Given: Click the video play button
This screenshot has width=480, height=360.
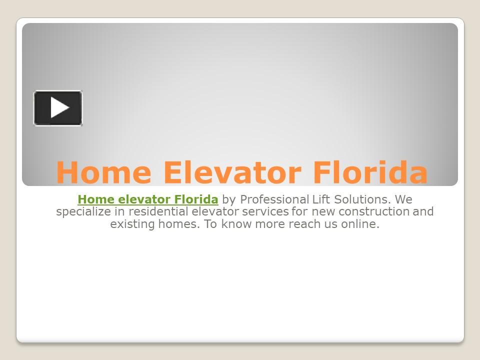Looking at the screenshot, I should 58,108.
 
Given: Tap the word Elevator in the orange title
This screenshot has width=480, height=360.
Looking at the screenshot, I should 232,172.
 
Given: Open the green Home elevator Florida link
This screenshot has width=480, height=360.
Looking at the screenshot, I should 148,200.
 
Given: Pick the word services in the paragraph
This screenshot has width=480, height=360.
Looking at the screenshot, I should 265,212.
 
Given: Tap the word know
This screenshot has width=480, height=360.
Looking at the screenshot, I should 236,224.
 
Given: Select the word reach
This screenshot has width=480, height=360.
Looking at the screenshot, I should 301,224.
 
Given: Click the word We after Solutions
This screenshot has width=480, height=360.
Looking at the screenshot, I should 403,200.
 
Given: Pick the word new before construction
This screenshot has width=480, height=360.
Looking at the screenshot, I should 323,212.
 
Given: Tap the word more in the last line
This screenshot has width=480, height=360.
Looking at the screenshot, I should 269,224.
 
